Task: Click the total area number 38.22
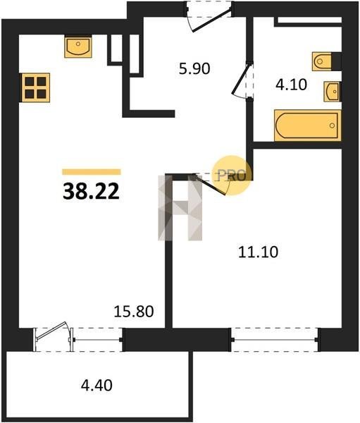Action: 91,192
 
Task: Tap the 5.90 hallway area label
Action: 194,68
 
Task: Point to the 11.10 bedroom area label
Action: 258,252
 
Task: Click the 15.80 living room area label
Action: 134,311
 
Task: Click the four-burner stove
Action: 35,87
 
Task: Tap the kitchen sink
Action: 78,47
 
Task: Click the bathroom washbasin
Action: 333,92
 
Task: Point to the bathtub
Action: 308,125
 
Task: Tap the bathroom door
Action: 242,80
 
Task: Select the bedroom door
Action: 211,184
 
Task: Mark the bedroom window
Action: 275,339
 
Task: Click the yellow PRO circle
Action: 232,175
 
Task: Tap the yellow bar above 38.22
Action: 92,172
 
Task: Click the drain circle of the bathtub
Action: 333,125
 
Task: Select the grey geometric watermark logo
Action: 180,207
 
